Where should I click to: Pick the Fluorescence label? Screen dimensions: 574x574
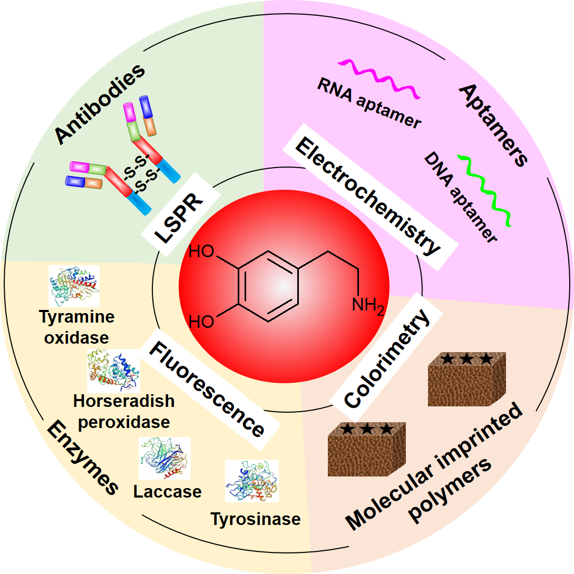(206, 389)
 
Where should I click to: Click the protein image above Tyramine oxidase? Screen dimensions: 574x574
(74, 286)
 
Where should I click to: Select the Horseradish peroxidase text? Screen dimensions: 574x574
(124, 411)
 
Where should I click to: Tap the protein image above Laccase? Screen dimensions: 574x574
(164, 458)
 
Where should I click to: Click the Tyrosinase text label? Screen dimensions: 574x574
(256, 519)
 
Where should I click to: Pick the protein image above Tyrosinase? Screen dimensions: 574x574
(251, 480)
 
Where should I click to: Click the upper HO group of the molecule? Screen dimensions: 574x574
(201, 251)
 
